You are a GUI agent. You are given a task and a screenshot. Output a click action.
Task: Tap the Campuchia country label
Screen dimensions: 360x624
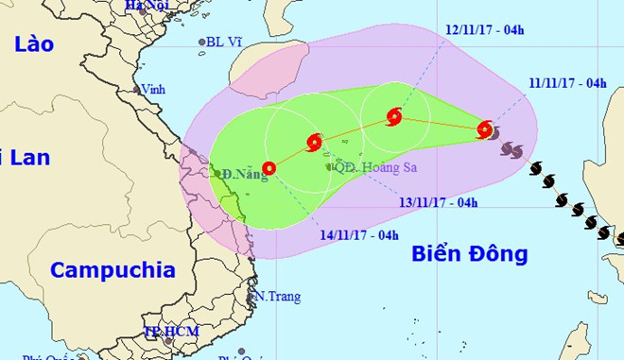coord(113,270)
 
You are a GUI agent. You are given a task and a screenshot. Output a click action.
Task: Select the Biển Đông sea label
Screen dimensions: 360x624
coord(470,253)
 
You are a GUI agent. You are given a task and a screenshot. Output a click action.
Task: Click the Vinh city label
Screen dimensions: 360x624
coord(152,90)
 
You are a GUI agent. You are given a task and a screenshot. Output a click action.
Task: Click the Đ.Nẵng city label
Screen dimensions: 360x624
coord(238,174)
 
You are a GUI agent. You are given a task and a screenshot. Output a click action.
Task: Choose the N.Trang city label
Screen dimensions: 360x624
coord(279,297)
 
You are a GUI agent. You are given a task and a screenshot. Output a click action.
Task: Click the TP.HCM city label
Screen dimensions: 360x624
coord(166,332)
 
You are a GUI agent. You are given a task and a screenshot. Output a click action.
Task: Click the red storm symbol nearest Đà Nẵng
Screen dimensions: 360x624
coord(269,169)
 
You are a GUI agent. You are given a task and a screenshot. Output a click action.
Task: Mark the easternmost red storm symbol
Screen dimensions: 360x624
coord(485,129)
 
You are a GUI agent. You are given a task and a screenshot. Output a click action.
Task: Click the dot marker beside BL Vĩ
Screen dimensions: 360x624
coord(201,43)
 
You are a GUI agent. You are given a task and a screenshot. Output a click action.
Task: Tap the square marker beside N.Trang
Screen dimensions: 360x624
coord(251,297)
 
